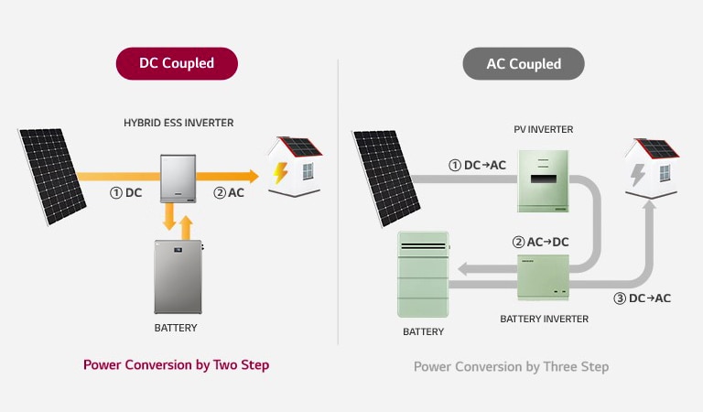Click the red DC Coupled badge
coord(177,64)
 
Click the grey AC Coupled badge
coord(524,64)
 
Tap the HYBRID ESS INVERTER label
coord(178,123)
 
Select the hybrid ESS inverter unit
coord(178,179)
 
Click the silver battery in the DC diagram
coord(178,276)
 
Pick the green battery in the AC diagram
coord(423,275)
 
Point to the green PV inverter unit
coord(543,180)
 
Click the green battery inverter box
coord(543,276)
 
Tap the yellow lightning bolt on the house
coord(280,173)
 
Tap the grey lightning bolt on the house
coord(637,175)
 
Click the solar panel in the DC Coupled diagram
coord(52,176)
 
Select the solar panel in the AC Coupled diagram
coord(386,179)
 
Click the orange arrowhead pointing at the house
coord(253,176)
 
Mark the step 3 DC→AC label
coord(642,298)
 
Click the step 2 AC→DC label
coord(540,242)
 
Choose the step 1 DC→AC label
coord(477,165)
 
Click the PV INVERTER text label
coord(544,130)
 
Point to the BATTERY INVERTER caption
coord(545,319)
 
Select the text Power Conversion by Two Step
coord(176,365)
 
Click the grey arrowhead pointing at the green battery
coord(464,269)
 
